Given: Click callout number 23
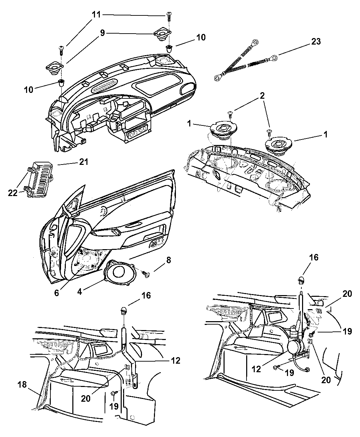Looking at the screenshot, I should [x=316, y=42].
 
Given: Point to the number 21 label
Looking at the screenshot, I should [x=83, y=162].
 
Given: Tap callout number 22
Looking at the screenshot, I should [x=13, y=193].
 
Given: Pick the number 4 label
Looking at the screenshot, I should [x=80, y=292].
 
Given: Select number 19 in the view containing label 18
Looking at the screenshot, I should [x=114, y=406].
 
